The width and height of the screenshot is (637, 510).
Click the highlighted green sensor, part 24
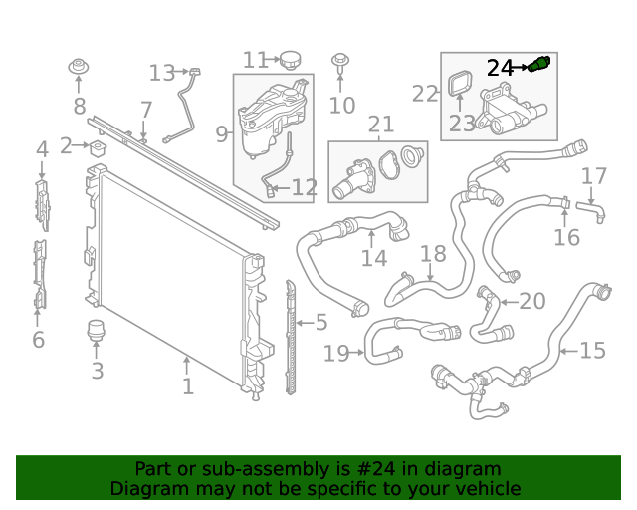point(540,65)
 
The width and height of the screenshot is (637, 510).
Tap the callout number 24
point(500,68)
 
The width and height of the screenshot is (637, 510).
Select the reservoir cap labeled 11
point(290,60)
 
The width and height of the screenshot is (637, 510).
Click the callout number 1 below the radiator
point(187,385)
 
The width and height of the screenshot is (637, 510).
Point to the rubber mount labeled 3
point(97,331)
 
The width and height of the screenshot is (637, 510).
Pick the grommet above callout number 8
point(79,68)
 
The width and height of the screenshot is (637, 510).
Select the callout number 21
point(381,125)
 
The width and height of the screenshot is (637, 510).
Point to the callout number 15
point(592,351)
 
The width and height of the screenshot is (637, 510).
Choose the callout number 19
point(336,353)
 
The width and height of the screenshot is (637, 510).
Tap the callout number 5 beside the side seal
point(320,322)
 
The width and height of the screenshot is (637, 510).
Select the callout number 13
point(162,73)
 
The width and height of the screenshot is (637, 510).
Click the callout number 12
point(304,187)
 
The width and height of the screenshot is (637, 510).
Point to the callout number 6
point(38,340)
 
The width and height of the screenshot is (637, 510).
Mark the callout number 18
point(433,254)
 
